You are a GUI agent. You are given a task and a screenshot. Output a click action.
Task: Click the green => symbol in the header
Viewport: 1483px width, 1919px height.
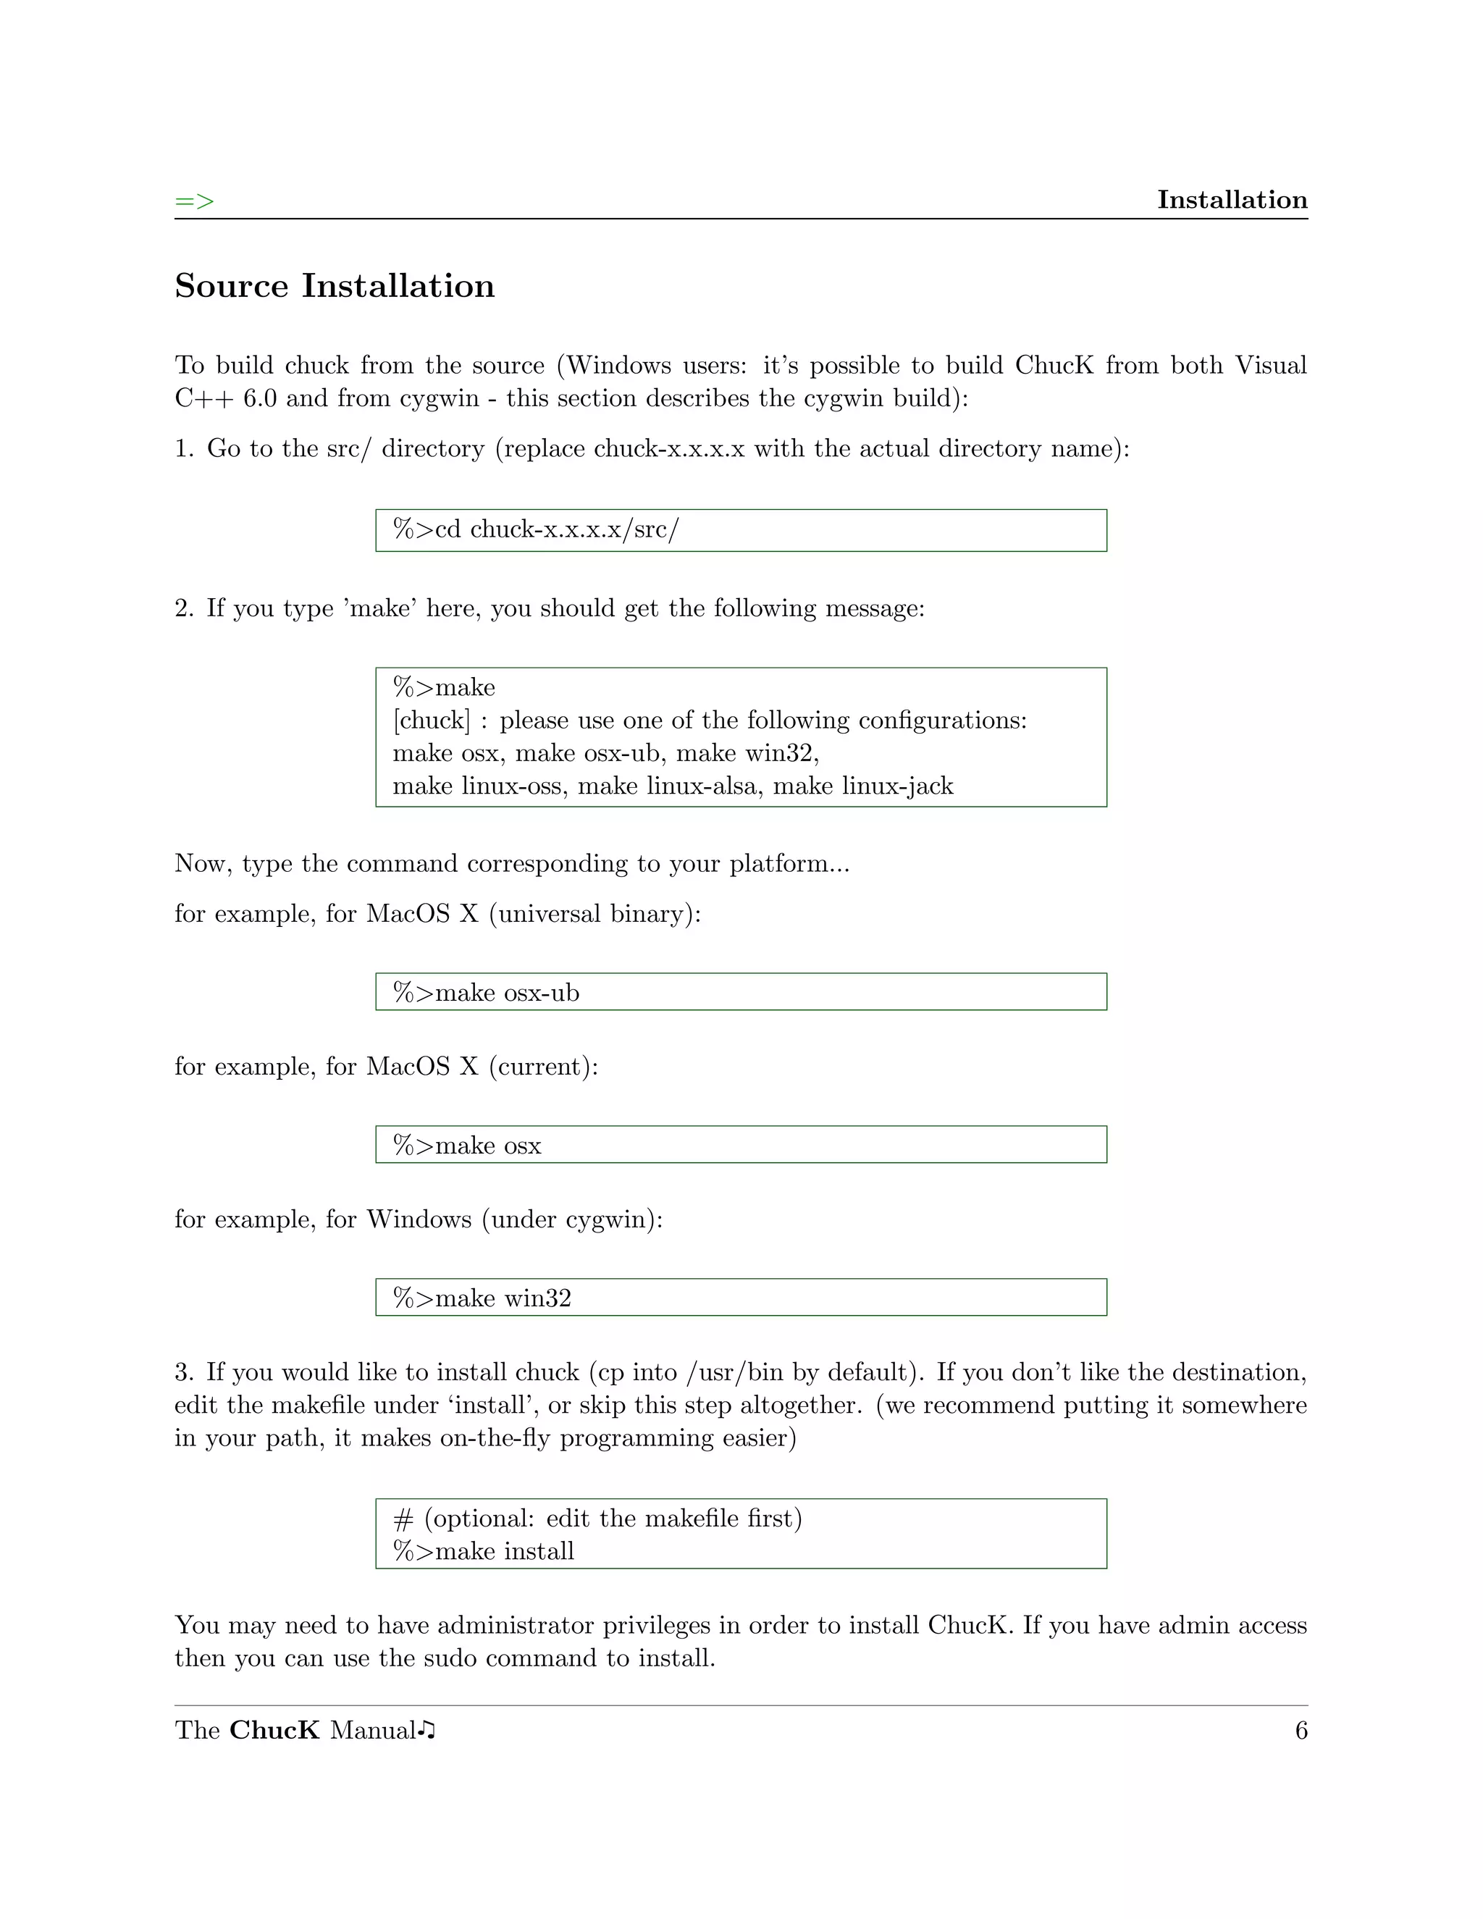[194, 201]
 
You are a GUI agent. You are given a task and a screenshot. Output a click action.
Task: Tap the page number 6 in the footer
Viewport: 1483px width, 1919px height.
[1301, 1730]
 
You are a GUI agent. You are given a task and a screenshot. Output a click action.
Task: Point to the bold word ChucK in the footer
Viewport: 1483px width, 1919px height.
[274, 1730]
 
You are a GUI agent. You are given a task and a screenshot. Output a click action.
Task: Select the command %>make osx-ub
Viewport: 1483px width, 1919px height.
[486, 993]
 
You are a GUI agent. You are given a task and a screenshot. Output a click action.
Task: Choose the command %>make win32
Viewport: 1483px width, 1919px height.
[482, 1298]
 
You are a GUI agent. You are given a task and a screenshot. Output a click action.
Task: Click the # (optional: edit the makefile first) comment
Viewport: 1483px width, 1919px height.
[597, 1519]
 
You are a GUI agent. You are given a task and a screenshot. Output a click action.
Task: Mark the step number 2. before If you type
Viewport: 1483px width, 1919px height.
[184, 608]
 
